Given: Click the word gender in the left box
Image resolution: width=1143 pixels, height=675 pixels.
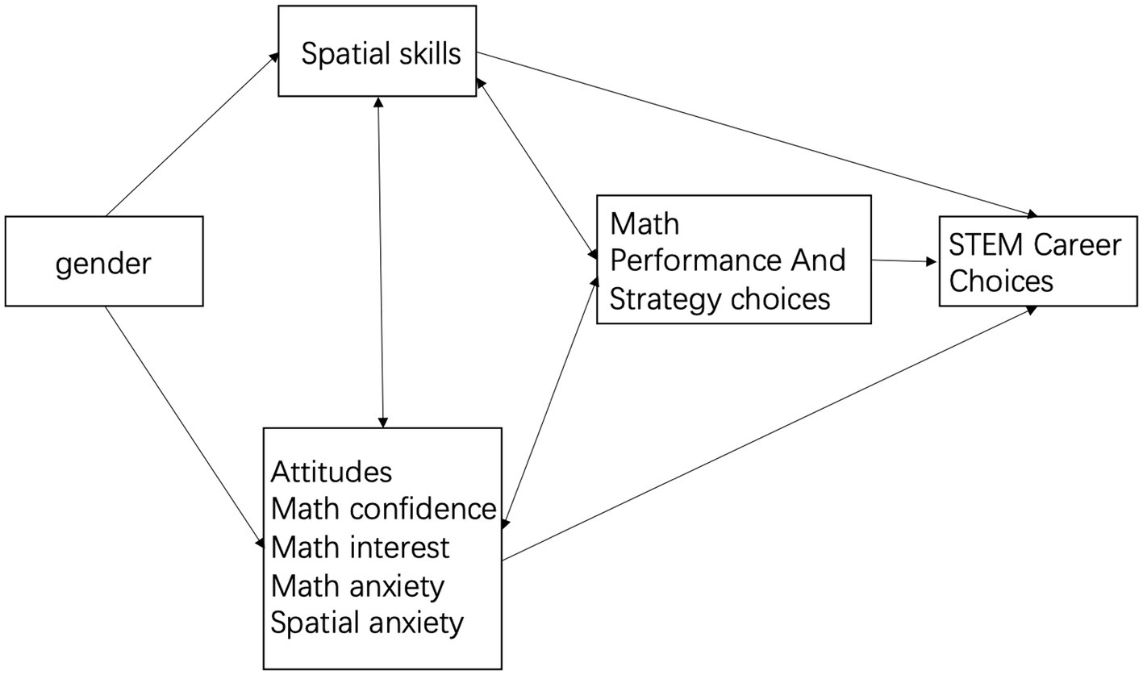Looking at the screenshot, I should click(103, 264).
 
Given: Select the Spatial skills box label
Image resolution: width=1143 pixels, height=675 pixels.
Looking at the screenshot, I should click(381, 53).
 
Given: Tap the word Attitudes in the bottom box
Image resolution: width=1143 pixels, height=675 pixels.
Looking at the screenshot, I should click(332, 471).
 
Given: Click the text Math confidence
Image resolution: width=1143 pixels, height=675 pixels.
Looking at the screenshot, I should click(383, 509).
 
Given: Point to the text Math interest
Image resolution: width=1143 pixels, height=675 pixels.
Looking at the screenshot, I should click(360, 548).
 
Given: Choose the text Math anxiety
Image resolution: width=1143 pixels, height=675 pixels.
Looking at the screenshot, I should click(357, 585).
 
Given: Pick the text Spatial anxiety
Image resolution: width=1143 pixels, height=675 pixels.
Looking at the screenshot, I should click(367, 623).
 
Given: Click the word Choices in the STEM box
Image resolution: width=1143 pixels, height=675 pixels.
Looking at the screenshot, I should click(1001, 281).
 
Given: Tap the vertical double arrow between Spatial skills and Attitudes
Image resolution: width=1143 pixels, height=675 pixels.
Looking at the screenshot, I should click(381, 262).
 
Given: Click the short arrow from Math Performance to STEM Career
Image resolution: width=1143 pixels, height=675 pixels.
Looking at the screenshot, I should click(903, 261).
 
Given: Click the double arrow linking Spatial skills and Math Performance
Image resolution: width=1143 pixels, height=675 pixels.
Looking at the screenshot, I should click(536, 169).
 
